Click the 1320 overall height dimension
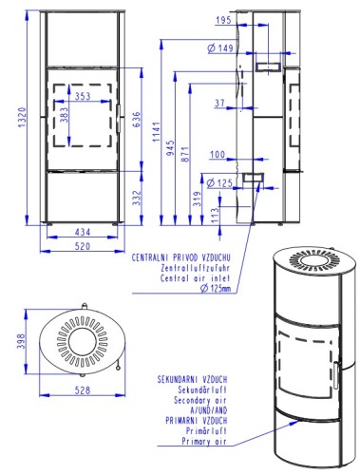pyautogui.click(x=22, y=118)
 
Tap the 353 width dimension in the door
pyautogui.click(x=83, y=96)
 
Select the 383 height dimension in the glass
pyautogui.click(x=64, y=115)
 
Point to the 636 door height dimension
pyautogui.click(x=136, y=120)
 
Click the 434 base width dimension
pyautogui.click(x=83, y=232)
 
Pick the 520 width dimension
pyautogui.click(x=83, y=246)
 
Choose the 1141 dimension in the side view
pyautogui.click(x=157, y=132)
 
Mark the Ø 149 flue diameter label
pyautogui.click(x=220, y=48)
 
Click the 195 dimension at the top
pyautogui.click(x=224, y=20)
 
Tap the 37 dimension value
pyautogui.click(x=220, y=103)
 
